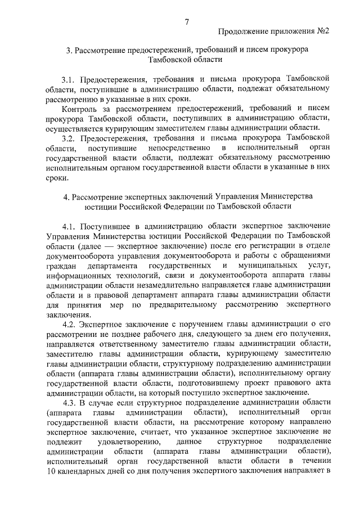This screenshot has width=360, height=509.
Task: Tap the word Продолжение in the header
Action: pos(242,30)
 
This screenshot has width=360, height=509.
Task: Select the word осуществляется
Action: pos(76,128)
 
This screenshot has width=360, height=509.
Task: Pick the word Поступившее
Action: pos(105,226)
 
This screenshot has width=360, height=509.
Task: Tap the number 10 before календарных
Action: pos(52,471)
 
